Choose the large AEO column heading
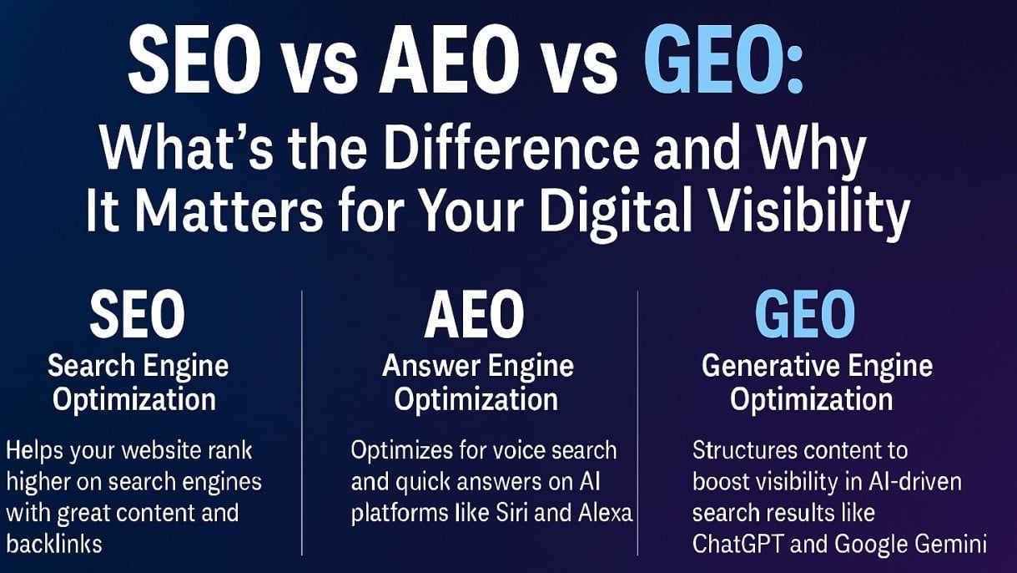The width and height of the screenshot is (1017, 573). pyautogui.click(x=474, y=315)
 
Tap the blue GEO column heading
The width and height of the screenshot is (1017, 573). pyautogui.click(x=804, y=315)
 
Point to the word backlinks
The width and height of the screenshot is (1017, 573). pyautogui.click(x=53, y=544)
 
